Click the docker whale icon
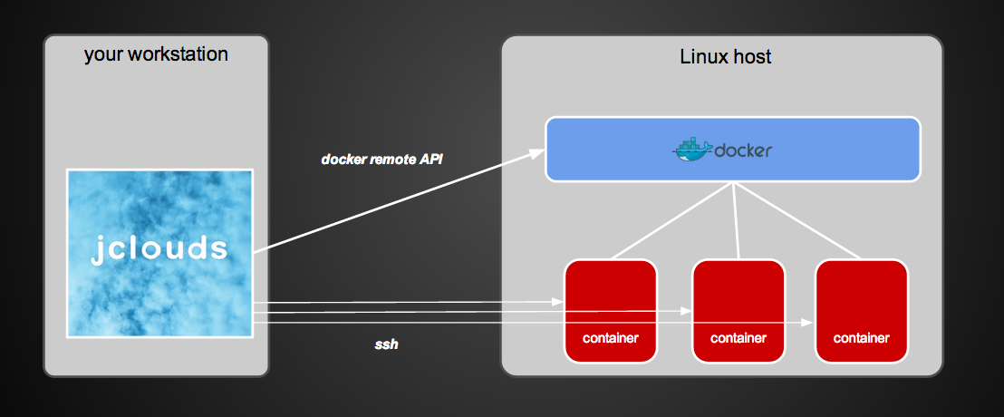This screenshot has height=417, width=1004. tap(692, 150)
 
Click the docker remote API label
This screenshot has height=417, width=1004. tap(381, 160)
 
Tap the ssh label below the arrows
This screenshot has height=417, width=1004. tap(386, 344)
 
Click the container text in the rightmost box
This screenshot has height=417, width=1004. tap(861, 338)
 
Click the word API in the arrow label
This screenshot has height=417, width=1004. tap(430, 160)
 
